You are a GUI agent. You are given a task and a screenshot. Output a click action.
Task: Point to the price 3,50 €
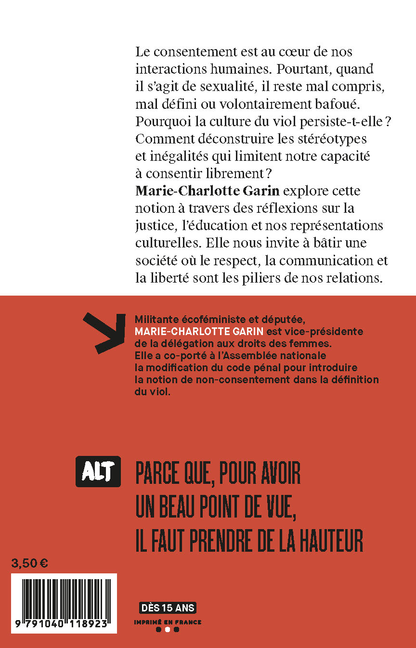click(x=29, y=563)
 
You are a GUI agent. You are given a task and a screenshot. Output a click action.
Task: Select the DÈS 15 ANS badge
click(x=168, y=608)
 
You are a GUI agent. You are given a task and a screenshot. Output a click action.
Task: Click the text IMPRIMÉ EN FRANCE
click(x=168, y=622)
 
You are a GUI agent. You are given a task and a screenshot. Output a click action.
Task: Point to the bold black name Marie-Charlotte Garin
click(x=207, y=191)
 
